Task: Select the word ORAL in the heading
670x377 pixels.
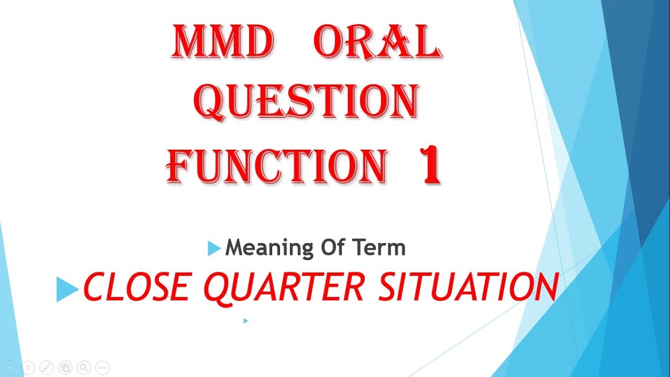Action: [x=376, y=42]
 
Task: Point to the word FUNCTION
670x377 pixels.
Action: [x=277, y=165]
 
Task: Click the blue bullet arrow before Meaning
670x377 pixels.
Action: [x=214, y=248]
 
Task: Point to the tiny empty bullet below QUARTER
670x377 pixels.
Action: [x=245, y=320]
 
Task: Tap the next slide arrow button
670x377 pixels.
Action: [x=28, y=368]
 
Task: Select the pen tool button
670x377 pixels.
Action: [x=47, y=368]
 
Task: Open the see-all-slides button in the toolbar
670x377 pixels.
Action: [x=65, y=368]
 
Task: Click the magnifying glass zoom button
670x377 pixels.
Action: [x=84, y=368]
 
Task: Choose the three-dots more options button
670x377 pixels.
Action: [x=102, y=368]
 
